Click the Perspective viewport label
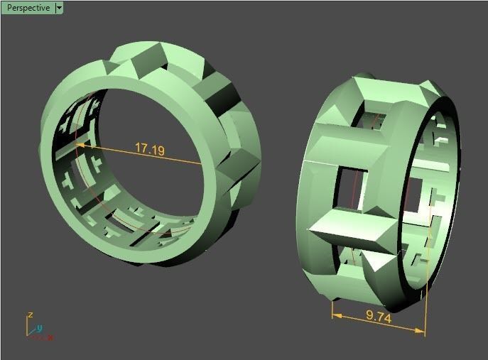(28, 8)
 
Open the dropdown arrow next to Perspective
(59, 8)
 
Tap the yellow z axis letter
(29, 314)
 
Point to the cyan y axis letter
(40, 327)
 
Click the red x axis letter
(50, 337)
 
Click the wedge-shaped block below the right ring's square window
(348, 234)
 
